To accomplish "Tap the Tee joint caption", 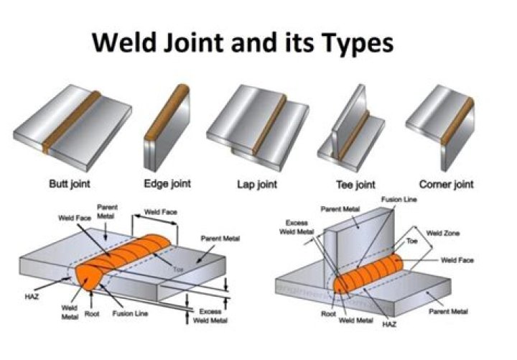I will click(358, 184).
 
